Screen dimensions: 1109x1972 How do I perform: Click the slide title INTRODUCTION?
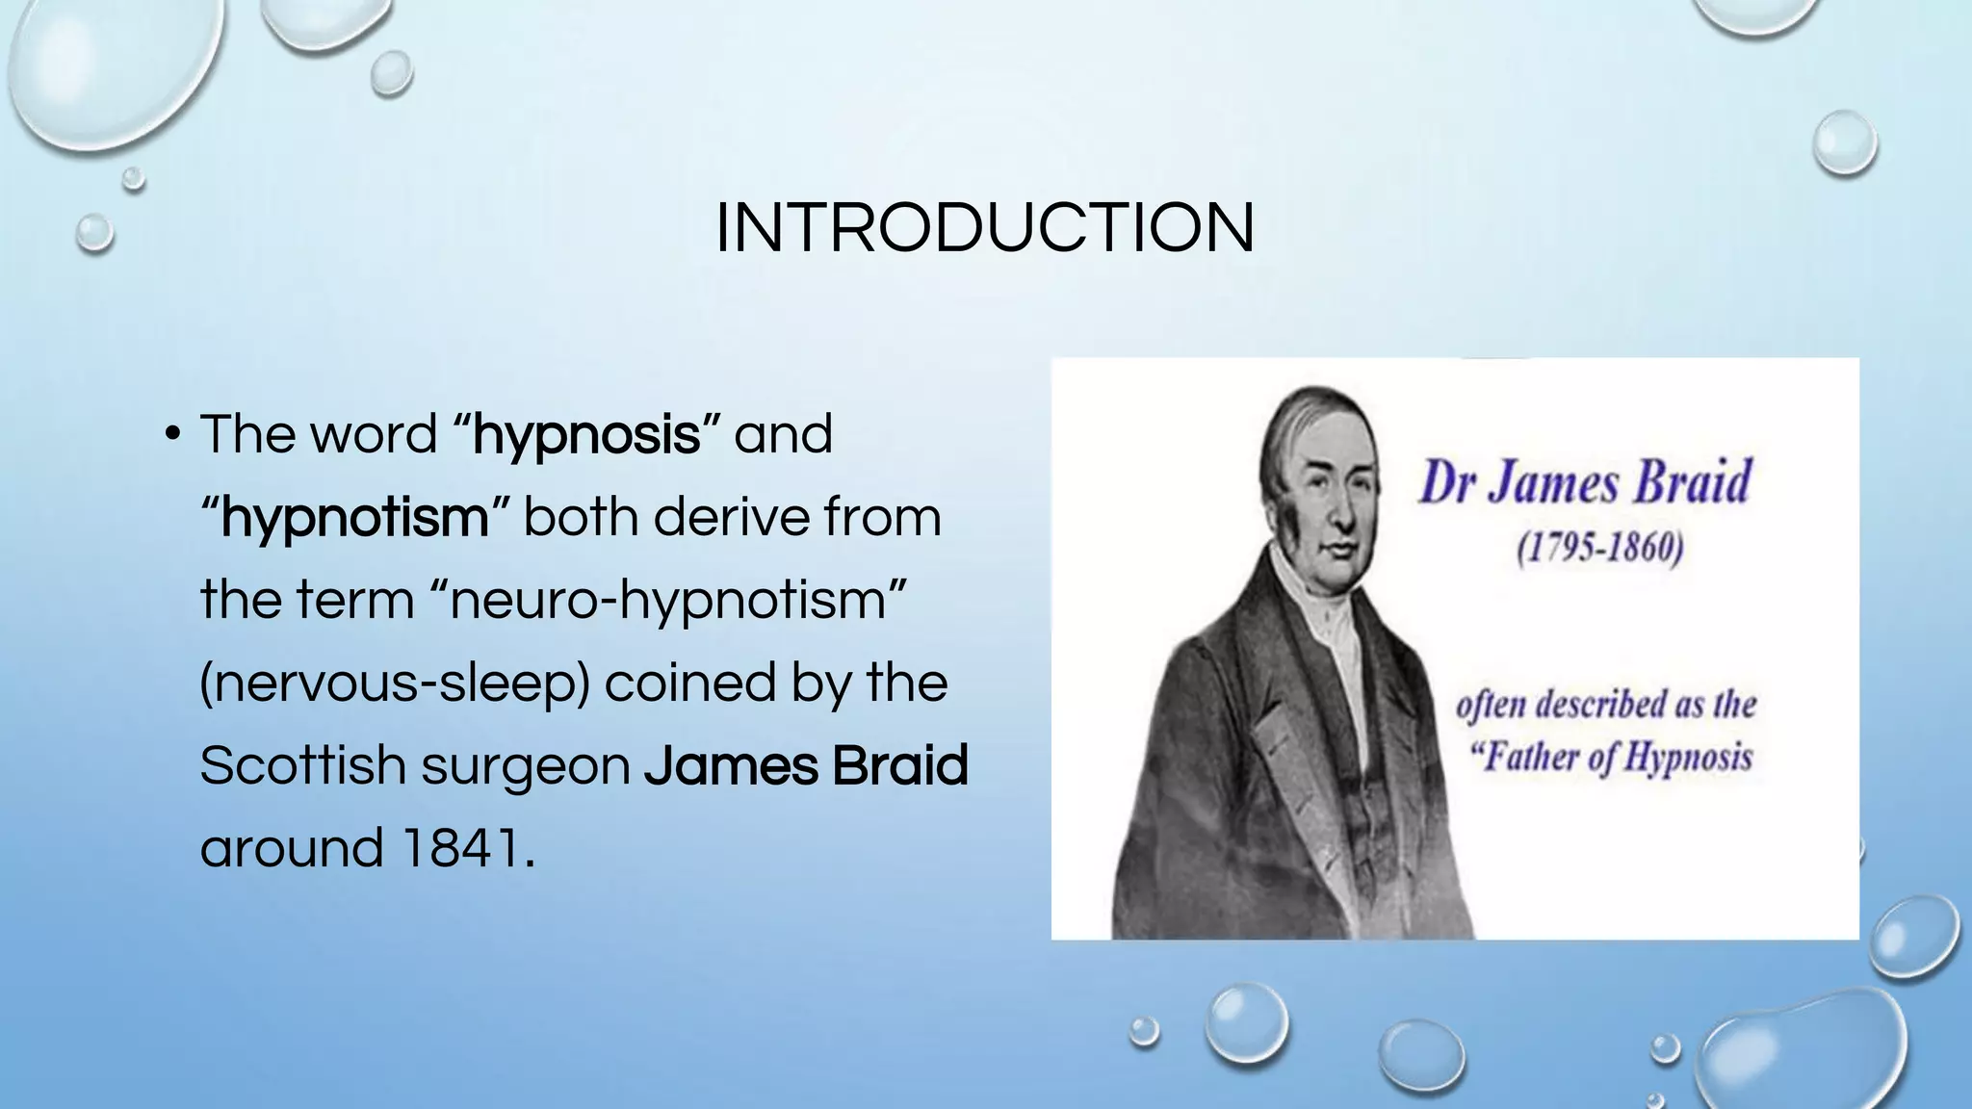click(x=985, y=228)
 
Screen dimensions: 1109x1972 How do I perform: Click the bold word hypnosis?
click(x=586, y=435)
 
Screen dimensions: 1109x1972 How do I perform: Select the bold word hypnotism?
click(x=355, y=518)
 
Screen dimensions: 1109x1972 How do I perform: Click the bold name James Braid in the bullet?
click(x=806, y=766)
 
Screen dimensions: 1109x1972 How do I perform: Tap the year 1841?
click(x=460, y=849)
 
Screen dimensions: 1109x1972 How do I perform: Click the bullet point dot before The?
click(x=171, y=434)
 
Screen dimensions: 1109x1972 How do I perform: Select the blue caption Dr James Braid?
click(x=1585, y=482)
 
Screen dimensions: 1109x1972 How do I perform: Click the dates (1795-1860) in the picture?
click(x=1600, y=549)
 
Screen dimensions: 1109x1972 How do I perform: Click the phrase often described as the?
click(x=1606, y=705)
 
